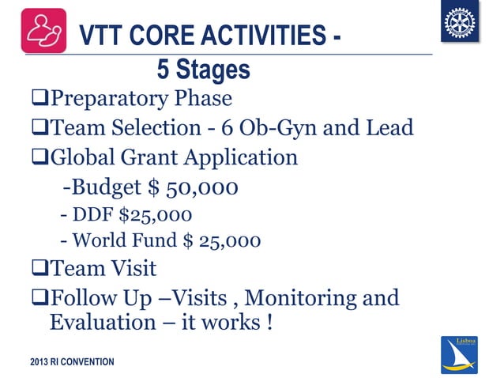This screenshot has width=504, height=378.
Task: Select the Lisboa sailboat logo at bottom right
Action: tap(461, 353)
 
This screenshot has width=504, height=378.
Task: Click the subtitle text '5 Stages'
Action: tap(203, 70)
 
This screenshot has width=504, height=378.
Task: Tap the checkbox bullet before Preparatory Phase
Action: tap(39, 99)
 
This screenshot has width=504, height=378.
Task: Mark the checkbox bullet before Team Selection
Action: tap(39, 127)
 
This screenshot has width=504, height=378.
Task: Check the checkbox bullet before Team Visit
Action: tap(39, 268)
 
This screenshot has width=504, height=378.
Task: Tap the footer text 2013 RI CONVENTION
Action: tap(72, 362)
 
